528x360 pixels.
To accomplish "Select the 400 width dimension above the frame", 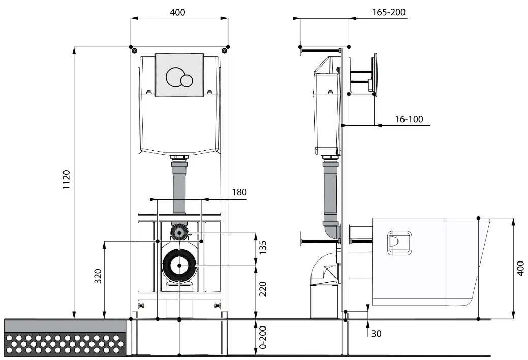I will coord(177,12).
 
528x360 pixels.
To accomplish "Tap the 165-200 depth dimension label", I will coord(389,12).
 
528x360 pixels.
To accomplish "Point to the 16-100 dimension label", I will coord(409,119).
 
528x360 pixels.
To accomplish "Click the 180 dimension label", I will coord(239,192).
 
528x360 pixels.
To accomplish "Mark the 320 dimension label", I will coord(98,276).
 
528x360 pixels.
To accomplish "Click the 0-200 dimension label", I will coord(263,337).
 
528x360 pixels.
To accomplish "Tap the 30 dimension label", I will coord(377,334).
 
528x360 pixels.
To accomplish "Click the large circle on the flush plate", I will coord(175,76).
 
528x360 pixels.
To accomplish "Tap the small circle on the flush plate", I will coord(187,81).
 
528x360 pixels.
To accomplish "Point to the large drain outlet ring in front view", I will coord(179,265).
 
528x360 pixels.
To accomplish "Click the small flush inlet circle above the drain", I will coord(178,233).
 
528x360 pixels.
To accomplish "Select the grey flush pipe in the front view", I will coord(179,188).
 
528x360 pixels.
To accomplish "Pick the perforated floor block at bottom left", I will coord(65,343).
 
